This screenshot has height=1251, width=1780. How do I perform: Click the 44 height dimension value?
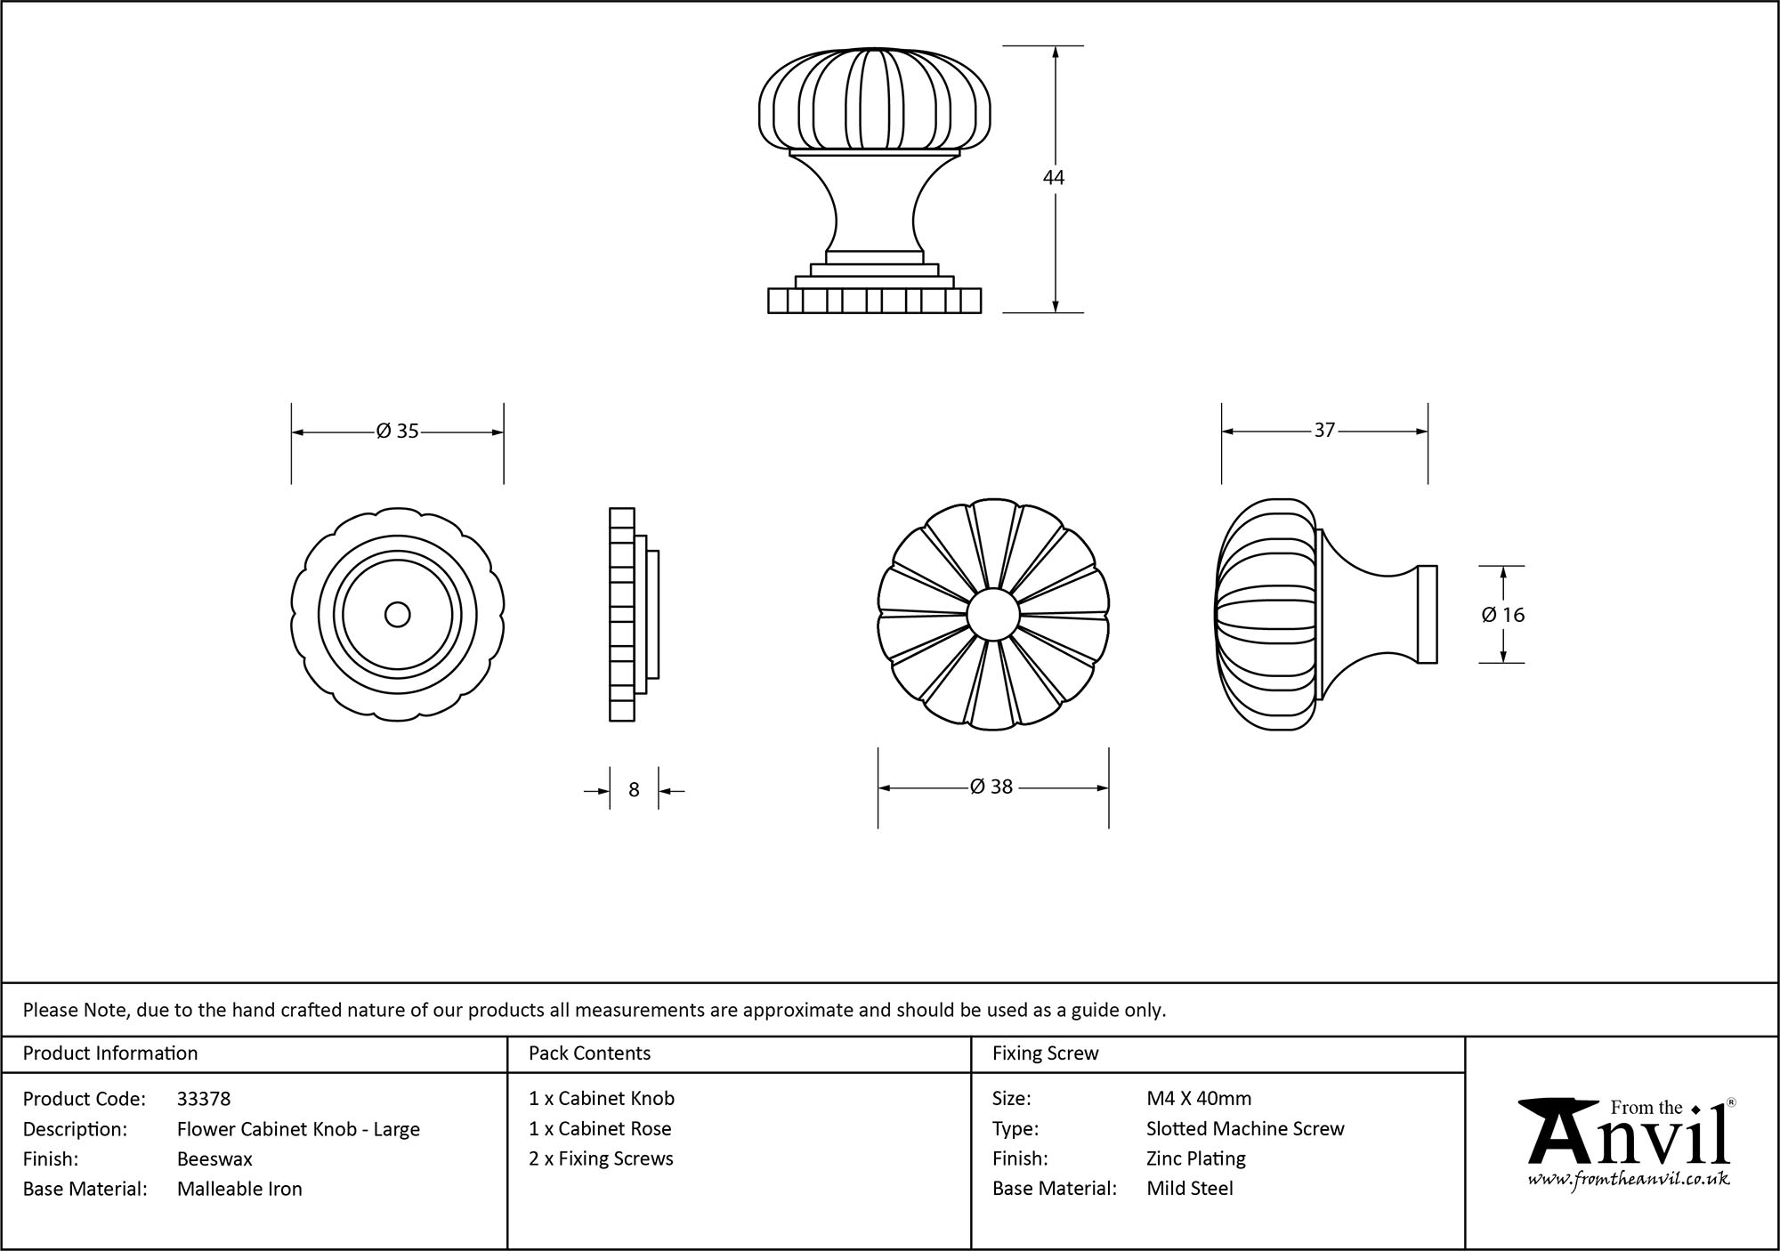click(1054, 178)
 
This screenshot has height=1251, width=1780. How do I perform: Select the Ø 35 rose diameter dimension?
click(397, 432)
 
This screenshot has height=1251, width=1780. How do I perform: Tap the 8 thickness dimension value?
click(634, 790)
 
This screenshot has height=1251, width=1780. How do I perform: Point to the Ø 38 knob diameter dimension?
click(991, 787)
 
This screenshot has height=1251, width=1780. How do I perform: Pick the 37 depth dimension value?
click(1324, 431)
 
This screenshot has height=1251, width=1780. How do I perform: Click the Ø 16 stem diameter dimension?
click(1503, 615)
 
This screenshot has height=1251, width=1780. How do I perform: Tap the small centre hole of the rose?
click(397, 615)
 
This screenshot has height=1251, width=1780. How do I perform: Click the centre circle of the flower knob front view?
click(992, 615)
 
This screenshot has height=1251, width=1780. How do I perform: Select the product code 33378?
click(204, 1099)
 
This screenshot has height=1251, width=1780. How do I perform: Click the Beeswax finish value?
click(214, 1159)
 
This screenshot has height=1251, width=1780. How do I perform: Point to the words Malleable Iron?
click(239, 1189)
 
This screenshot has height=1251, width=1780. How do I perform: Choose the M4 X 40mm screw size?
click(1199, 1099)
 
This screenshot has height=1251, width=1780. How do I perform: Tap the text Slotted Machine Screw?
click(1245, 1129)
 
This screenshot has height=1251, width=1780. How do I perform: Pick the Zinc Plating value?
click(1195, 1159)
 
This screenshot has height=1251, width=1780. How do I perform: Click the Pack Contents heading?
click(589, 1053)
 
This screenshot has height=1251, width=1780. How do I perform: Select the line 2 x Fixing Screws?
click(601, 1159)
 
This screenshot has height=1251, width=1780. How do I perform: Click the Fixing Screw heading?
click(1045, 1053)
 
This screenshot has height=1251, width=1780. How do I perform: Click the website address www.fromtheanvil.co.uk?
click(1629, 1180)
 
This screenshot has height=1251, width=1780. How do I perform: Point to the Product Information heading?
click(110, 1053)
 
